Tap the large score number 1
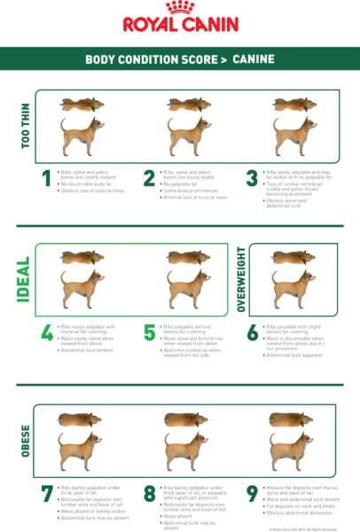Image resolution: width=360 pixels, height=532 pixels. (x=46, y=180)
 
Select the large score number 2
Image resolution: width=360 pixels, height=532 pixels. (x=149, y=180)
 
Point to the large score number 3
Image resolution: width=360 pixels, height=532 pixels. (x=252, y=180)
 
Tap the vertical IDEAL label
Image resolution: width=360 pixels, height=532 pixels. (x=25, y=279)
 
